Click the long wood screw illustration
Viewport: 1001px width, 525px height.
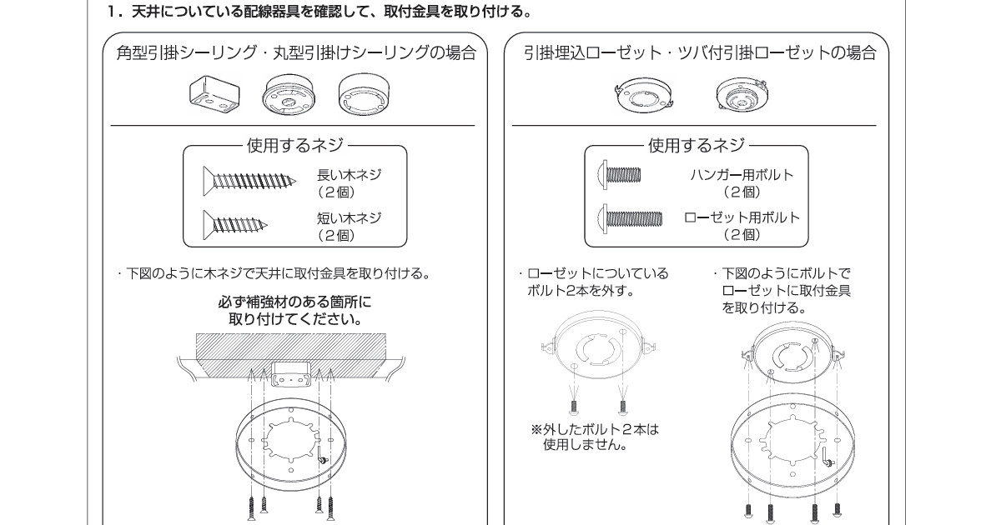(x=249, y=179)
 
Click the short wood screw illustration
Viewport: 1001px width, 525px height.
(x=236, y=223)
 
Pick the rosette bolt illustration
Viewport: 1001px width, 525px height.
(x=630, y=219)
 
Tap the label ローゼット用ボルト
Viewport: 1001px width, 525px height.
(x=742, y=218)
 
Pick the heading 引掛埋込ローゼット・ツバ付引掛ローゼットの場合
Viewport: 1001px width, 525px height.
(x=700, y=54)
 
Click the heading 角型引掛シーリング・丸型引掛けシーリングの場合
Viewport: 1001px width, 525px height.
(x=296, y=54)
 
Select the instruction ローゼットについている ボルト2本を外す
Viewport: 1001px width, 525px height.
(x=592, y=282)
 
